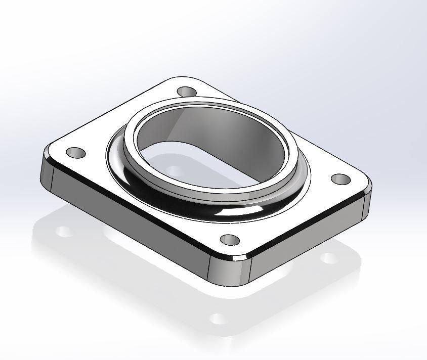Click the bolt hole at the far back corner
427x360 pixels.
tap(187, 93)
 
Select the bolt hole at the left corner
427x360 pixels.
tap(76, 152)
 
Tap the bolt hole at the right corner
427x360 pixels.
tap(341, 179)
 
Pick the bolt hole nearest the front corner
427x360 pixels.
tap(229, 240)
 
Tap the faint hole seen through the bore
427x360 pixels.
tap(174, 171)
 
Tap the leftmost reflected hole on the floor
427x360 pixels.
tap(64, 232)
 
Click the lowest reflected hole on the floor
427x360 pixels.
tap(218, 319)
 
